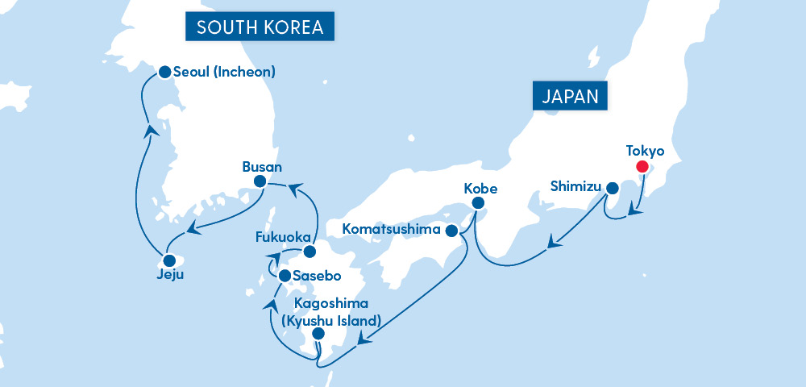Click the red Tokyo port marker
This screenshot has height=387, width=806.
[x=642, y=167]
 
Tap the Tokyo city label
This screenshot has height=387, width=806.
[x=645, y=151]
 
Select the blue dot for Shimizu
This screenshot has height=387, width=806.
[x=612, y=189]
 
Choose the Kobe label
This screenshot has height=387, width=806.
[x=481, y=189]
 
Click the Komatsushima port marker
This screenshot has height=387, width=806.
[x=452, y=231]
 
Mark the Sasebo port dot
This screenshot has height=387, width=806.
[x=285, y=276]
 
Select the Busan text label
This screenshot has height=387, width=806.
[x=262, y=167]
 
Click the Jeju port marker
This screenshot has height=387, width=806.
[x=169, y=260]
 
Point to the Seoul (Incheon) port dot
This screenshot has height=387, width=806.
[x=164, y=72]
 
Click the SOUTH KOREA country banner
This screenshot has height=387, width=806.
[x=260, y=27]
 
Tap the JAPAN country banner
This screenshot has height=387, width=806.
[x=570, y=97]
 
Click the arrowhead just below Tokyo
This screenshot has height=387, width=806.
[x=636, y=214]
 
